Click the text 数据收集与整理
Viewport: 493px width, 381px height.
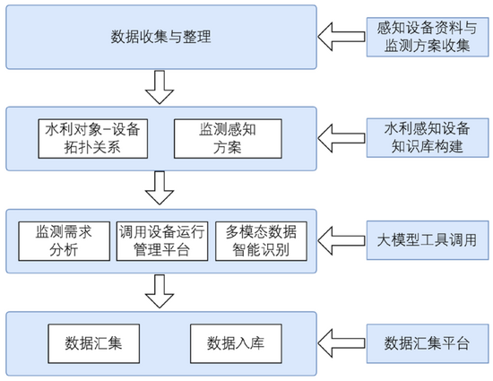coord(160,37)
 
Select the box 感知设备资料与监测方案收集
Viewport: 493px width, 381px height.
coord(428,37)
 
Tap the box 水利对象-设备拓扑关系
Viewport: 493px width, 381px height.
coord(92,139)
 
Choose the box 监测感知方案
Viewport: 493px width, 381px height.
coord(228,139)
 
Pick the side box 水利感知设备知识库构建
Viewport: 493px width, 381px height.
coord(428,138)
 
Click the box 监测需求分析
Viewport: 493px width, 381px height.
coord(65,241)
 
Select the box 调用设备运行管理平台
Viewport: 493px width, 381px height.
coord(162,241)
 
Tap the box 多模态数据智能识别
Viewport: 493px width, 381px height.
coord(261,241)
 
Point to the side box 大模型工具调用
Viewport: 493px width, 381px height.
coord(428,240)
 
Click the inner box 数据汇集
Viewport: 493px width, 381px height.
coord(94,343)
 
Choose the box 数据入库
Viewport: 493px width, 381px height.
coord(236,343)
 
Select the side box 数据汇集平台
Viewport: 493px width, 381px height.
coord(428,343)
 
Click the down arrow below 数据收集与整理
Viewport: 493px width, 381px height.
coord(160,87)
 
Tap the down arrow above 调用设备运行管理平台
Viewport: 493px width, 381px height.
coord(160,188)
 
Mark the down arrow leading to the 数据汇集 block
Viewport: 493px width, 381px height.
coord(160,291)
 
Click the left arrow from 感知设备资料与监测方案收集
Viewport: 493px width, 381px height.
coord(342,37)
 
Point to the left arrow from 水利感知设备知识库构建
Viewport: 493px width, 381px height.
coord(342,138)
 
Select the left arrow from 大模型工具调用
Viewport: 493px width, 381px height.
coord(342,240)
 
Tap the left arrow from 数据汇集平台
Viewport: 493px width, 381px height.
coord(342,343)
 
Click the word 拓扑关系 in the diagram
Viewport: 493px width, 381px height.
coord(92,147)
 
